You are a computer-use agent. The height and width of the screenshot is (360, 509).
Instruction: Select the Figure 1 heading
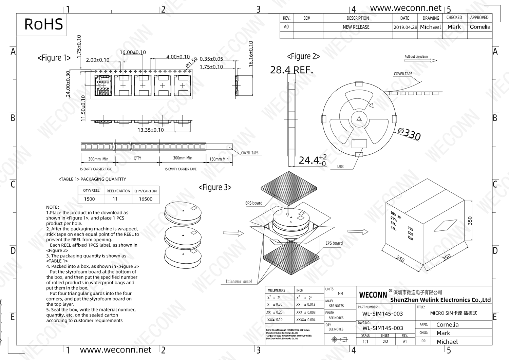click(54, 58)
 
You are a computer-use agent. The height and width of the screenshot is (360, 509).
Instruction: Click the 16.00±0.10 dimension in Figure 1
click(133, 52)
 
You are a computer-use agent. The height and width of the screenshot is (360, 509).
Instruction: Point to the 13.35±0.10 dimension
click(150, 130)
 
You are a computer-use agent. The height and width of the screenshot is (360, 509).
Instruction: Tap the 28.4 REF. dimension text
click(291, 70)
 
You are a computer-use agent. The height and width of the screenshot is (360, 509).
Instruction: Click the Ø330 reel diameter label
click(409, 134)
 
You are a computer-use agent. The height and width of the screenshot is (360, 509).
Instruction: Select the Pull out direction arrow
click(429, 60)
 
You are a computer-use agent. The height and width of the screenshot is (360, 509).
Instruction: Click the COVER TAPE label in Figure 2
click(403, 74)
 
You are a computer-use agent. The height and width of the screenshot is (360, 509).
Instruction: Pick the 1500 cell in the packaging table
click(90, 199)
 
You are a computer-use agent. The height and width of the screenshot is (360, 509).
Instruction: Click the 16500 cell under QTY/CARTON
click(146, 199)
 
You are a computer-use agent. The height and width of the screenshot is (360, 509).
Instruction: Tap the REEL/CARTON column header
click(118, 191)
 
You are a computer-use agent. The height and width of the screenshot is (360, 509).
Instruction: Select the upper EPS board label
click(254, 203)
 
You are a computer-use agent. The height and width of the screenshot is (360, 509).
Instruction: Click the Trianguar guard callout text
click(239, 281)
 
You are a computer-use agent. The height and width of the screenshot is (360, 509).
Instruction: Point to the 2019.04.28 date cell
click(405, 27)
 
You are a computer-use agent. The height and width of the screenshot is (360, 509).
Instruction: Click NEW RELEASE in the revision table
click(356, 27)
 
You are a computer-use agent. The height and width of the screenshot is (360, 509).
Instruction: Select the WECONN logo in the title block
click(373, 295)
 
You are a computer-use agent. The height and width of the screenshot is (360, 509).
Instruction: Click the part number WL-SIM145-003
click(382, 314)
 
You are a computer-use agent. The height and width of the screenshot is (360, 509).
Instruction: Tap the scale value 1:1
click(365, 342)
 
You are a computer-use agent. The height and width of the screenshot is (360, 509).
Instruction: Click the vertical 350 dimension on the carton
click(470, 221)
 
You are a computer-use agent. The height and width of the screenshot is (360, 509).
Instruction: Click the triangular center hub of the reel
click(359, 119)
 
